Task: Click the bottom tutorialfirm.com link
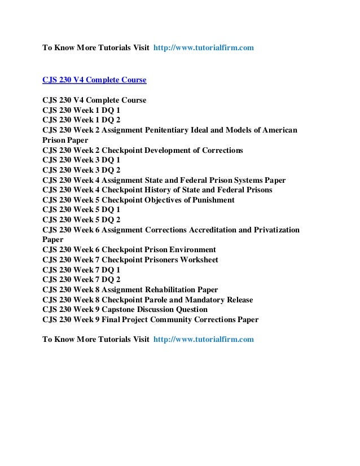coord(204,340)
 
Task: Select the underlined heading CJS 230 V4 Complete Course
coord(95,80)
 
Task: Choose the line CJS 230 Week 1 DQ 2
coord(81,120)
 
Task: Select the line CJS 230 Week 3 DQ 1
coord(81,160)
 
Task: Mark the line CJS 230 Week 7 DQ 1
coord(81,270)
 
